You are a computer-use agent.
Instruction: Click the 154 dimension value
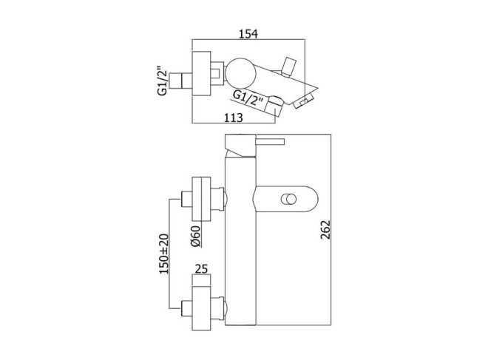click(x=248, y=34)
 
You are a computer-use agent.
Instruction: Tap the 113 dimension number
click(x=233, y=118)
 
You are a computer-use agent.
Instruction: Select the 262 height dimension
click(x=325, y=230)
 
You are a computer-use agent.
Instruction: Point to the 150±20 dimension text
click(x=163, y=254)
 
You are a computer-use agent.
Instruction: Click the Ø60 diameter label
click(x=195, y=237)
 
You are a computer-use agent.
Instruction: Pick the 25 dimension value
click(x=201, y=268)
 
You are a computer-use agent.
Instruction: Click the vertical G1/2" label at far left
click(x=163, y=81)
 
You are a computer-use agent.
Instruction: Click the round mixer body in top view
click(x=241, y=72)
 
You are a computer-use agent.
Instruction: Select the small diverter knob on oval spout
click(x=288, y=199)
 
